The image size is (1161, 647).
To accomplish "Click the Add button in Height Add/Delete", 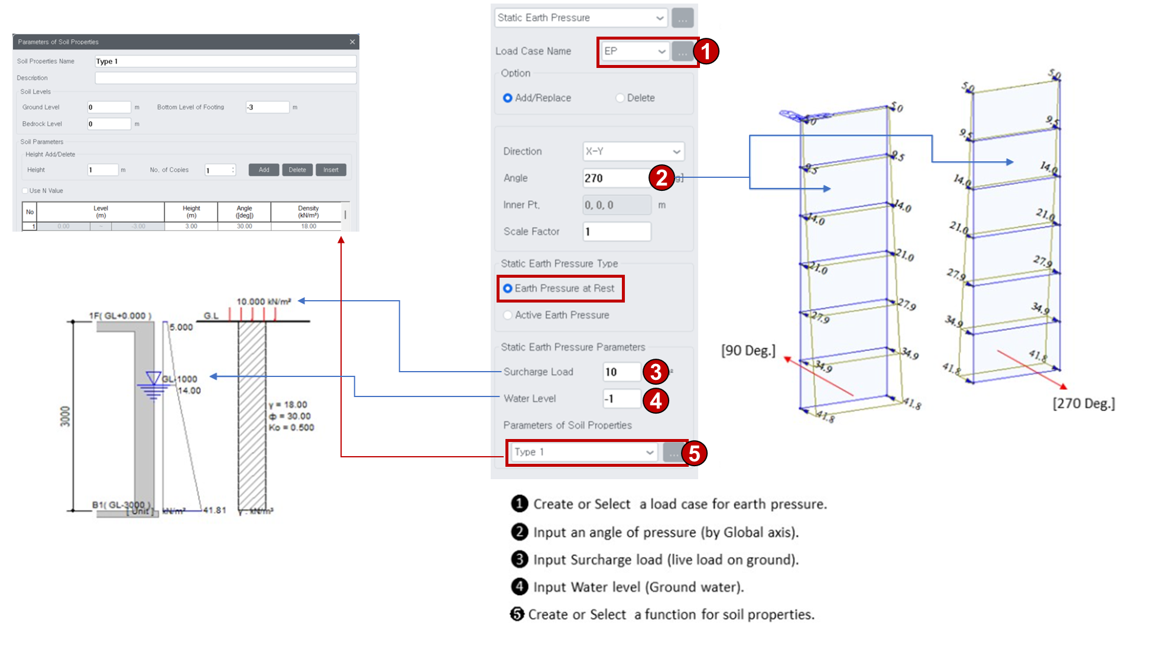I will click(x=264, y=170).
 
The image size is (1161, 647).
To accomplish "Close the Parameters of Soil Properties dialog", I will click(x=352, y=42).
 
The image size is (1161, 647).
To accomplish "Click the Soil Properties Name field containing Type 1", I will click(x=225, y=61).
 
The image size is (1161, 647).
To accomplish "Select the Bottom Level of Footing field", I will click(x=267, y=108).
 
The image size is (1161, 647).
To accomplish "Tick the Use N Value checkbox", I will click(x=25, y=191).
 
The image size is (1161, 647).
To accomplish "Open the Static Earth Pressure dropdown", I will click(x=581, y=18).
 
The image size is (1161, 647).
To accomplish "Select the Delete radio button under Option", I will click(x=620, y=98).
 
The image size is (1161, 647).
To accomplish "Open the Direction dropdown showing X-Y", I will click(x=633, y=151).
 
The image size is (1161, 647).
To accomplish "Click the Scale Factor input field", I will click(x=617, y=232).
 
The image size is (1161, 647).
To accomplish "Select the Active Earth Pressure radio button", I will click(x=508, y=315).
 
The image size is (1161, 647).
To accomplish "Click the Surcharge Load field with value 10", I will click(x=621, y=372).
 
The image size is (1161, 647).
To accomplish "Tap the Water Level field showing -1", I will click(x=621, y=399).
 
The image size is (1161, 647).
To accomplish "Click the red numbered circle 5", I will click(x=694, y=453).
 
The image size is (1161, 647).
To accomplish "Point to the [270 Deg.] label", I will click(x=1083, y=404).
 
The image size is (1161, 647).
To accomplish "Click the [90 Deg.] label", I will click(x=748, y=350).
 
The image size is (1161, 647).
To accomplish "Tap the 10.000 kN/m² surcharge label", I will click(x=264, y=301).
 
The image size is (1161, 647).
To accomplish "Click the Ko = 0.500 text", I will click(x=291, y=428).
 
